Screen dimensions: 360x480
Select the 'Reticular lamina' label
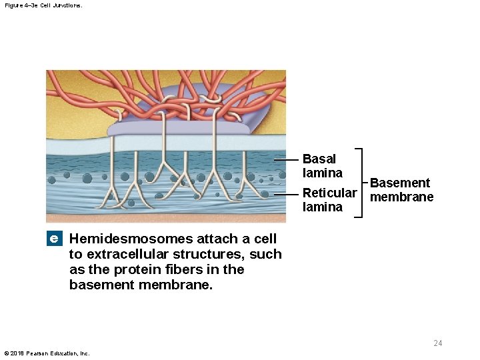click(329, 199)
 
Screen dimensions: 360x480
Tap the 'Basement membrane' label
click(401, 190)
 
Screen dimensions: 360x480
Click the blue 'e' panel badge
click(54, 239)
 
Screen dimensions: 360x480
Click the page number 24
click(437, 343)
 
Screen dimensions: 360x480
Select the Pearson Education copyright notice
click(47, 353)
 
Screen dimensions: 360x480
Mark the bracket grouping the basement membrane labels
click(361, 183)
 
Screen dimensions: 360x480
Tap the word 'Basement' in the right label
click(400, 183)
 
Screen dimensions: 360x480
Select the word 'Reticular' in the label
click(329, 193)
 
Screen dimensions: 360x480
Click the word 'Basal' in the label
click(319, 159)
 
